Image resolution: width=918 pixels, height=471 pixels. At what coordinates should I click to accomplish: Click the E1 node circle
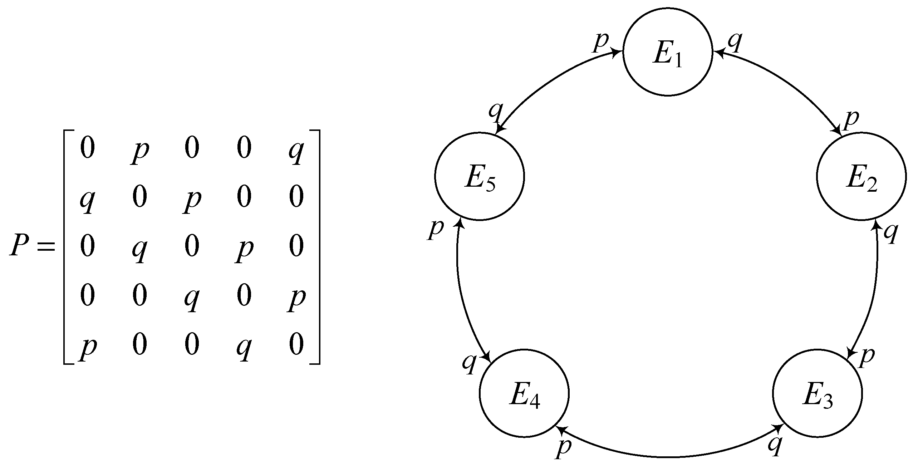tap(667, 51)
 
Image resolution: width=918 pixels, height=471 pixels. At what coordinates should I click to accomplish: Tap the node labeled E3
tap(817, 393)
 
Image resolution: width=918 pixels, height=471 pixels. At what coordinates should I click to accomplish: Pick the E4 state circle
tap(524, 393)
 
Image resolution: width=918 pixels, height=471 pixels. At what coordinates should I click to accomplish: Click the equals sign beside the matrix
tap(46, 246)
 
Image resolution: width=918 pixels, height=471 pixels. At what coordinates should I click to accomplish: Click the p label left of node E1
tap(600, 42)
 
